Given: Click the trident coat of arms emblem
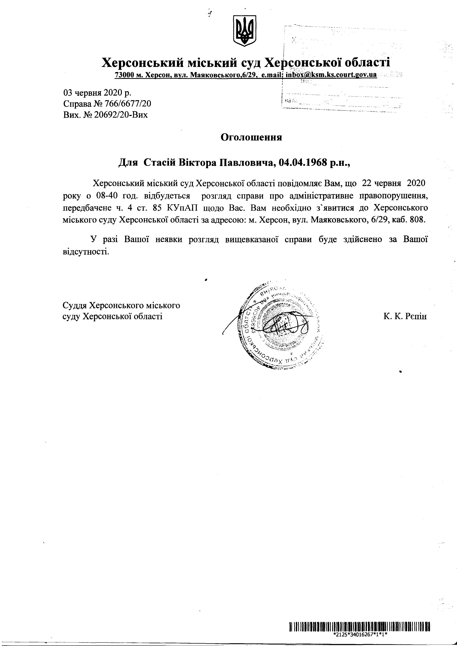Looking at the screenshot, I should tap(244, 31).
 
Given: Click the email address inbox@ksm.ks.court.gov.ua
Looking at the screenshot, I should tap(331, 75).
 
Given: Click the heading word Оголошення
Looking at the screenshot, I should tap(251, 137).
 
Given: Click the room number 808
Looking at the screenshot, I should tap(418, 220).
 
